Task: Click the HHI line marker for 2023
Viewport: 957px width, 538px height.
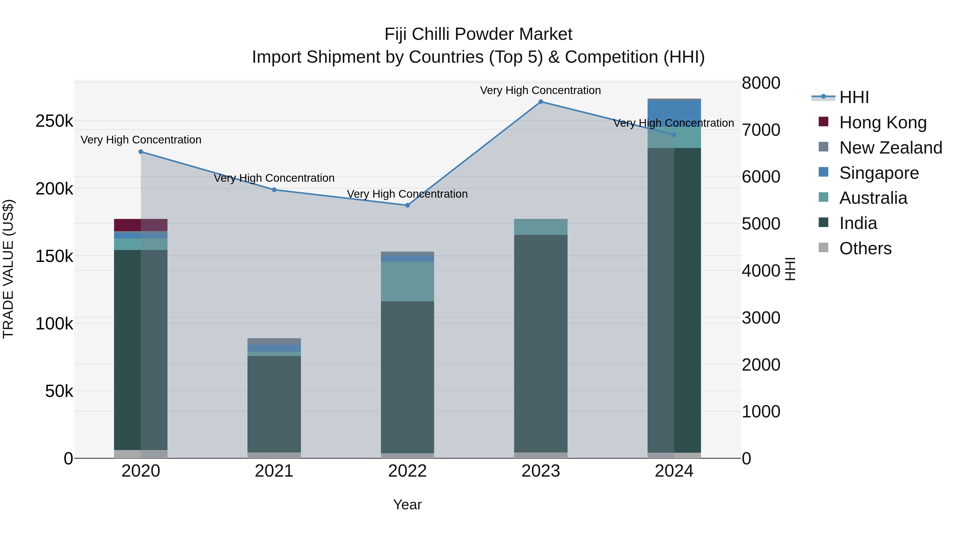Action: [x=540, y=102]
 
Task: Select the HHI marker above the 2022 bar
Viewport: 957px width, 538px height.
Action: [x=407, y=205]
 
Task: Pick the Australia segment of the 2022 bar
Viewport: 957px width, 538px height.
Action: [x=407, y=281]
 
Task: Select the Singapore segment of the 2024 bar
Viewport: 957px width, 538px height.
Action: [x=674, y=113]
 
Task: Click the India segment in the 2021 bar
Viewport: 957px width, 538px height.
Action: [x=274, y=404]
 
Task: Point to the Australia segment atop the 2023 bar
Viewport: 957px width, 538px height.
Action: [x=540, y=227]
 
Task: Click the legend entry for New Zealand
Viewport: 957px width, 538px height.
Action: [x=891, y=148]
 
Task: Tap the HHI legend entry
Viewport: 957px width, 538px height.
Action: [x=854, y=97]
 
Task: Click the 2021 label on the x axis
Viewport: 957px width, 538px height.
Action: [x=274, y=471]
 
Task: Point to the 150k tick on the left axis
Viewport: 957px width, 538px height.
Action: [x=54, y=256]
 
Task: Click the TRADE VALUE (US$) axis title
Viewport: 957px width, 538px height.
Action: [x=8, y=269]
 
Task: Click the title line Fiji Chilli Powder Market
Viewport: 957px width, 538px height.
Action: [x=478, y=34]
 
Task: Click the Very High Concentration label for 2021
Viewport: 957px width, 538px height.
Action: [x=274, y=178]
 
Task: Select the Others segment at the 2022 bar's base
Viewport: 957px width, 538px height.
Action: [x=407, y=456]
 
